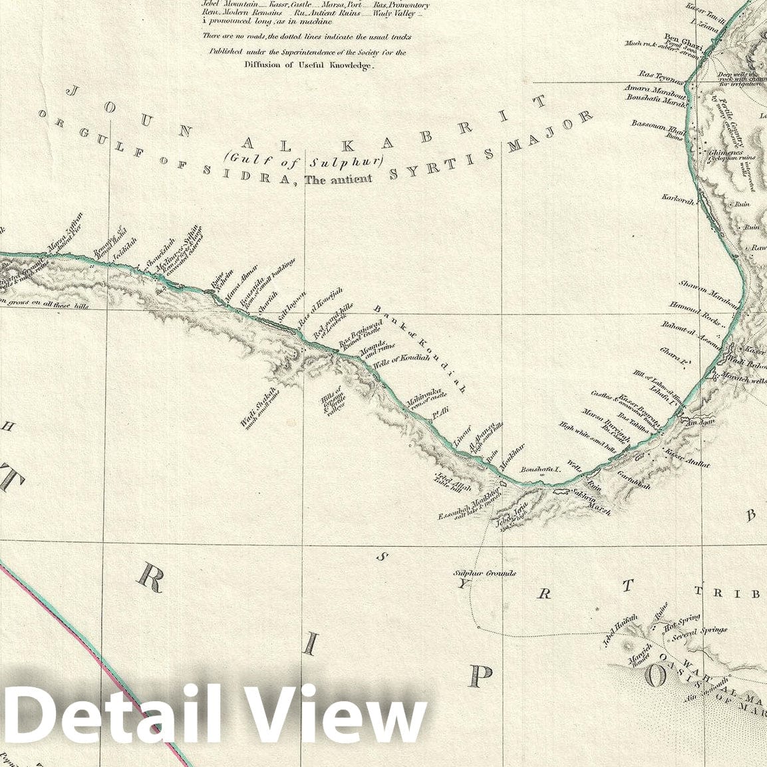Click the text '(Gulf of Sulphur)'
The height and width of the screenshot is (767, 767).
tap(305, 160)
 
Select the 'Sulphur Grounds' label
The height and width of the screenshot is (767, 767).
tap(484, 573)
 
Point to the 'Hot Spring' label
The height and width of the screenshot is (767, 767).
tap(682, 620)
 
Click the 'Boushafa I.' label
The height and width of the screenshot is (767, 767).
tap(541, 469)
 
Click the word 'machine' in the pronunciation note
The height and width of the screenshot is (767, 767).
tap(314, 22)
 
